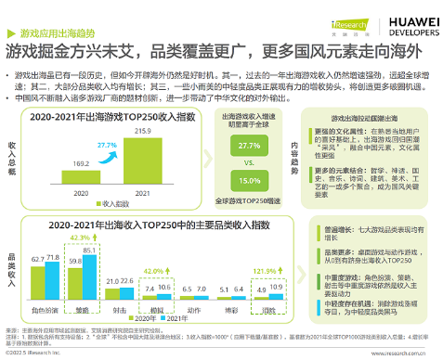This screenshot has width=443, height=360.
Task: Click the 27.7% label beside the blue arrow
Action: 106,146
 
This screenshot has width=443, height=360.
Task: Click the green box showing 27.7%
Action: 248,147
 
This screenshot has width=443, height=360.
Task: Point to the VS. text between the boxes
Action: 248,163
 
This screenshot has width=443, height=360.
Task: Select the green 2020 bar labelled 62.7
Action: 37,286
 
